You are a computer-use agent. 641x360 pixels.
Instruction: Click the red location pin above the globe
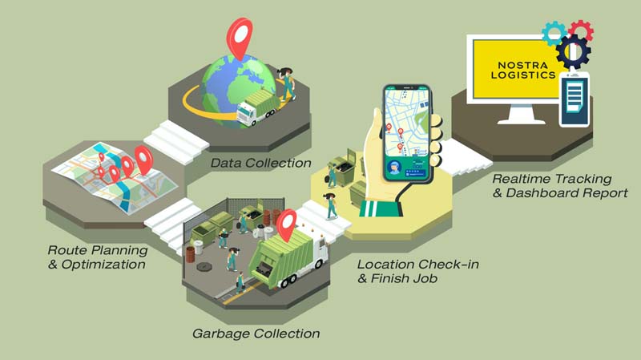240,37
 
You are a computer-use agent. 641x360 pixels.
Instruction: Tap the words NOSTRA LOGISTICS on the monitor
523,70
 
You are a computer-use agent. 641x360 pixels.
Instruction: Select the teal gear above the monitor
554,33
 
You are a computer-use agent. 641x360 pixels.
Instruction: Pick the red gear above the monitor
581,30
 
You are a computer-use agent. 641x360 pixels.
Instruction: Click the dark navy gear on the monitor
573,51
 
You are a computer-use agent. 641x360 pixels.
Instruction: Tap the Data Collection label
261,164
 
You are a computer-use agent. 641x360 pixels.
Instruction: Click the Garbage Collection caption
256,334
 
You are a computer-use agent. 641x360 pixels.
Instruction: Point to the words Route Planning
98,250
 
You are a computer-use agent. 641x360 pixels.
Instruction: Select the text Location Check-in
418,265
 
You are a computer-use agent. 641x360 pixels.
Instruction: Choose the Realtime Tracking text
552,179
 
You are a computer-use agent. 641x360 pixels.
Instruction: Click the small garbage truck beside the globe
256,107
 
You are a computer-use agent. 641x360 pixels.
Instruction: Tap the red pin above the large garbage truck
286,224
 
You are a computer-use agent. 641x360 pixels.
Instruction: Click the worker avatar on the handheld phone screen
394,168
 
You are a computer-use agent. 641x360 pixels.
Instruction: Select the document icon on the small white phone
574,98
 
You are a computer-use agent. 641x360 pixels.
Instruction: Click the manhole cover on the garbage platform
204,267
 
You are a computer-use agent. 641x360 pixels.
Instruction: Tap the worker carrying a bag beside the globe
287,84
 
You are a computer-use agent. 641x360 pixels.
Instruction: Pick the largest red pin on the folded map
143,160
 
